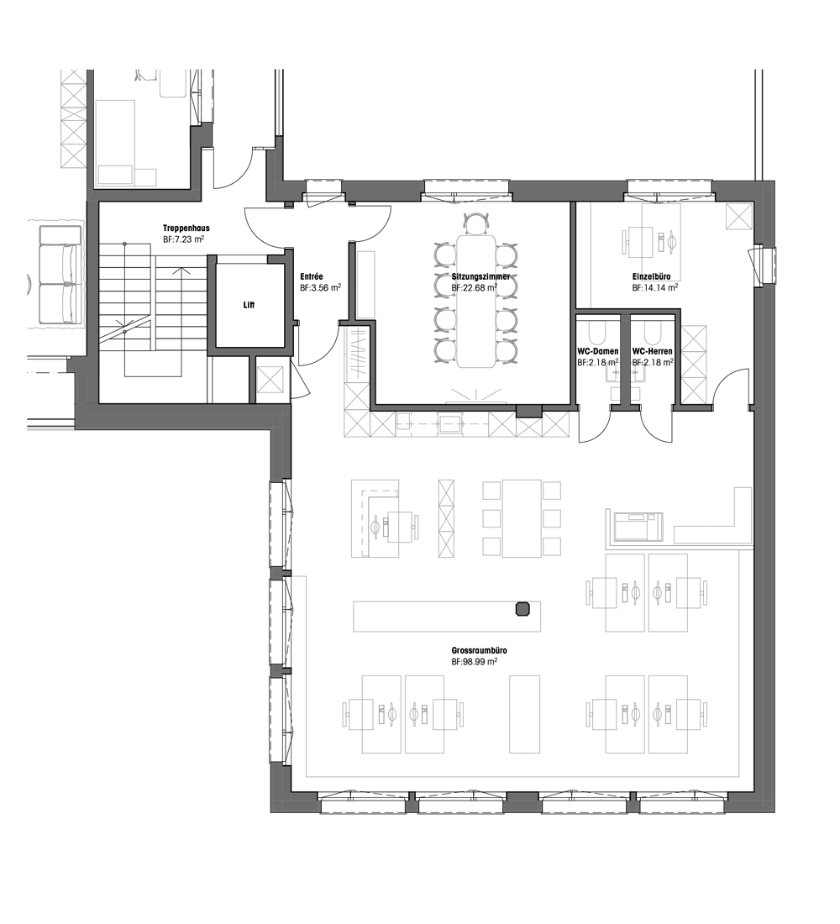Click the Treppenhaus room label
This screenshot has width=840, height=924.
point(186,228)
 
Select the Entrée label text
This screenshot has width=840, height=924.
point(312,276)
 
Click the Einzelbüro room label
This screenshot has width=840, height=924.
point(654,276)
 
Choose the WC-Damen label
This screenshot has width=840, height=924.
point(598,352)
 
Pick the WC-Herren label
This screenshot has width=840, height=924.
point(652,352)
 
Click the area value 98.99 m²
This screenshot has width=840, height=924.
point(474,662)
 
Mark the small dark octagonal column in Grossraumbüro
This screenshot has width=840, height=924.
point(522,609)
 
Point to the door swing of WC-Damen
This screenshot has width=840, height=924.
point(592,428)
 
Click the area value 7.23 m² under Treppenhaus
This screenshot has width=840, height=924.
point(185,239)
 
